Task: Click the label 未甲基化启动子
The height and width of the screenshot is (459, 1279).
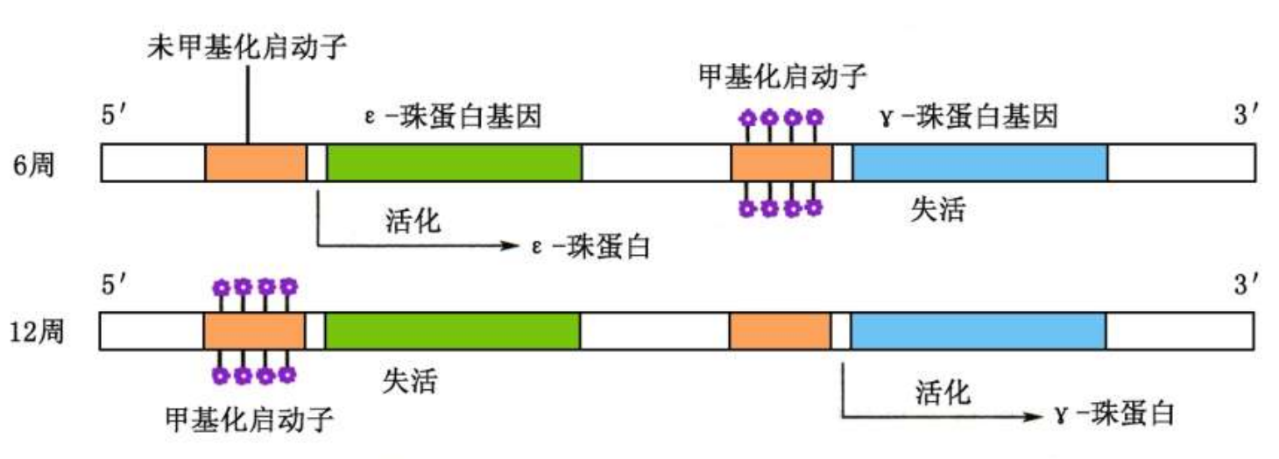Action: tap(246, 46)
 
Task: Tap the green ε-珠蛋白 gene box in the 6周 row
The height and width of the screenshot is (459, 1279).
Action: tap(454, 162)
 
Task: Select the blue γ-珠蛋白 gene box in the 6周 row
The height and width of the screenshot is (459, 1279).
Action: tap(979, 162)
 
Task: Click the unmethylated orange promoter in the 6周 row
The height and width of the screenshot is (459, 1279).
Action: tap(256, 162)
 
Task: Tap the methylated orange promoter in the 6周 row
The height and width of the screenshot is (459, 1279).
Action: tap(781, 162)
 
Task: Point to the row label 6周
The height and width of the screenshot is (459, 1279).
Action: tap(34, 163)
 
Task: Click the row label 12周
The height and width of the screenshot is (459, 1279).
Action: tap(37, 334)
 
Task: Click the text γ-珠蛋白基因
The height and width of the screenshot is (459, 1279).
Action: tap(970, 117)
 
